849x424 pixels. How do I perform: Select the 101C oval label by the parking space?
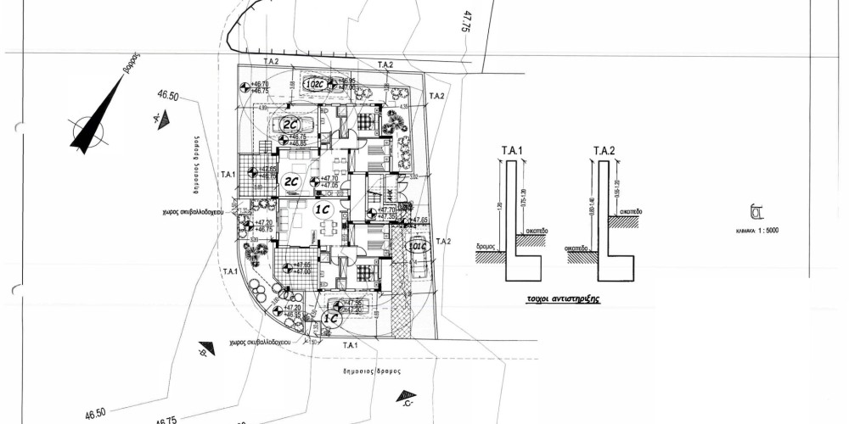click(x=415, y=248)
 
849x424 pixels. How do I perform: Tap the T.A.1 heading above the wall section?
click(x=509, y=150)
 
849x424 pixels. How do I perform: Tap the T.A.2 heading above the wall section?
click(x=604, y=150)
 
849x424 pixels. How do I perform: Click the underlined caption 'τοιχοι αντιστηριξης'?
click(x=559, y=300)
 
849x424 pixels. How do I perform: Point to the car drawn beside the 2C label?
click(x=302, y=126)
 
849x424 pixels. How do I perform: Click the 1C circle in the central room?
click(x=323, y=212)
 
